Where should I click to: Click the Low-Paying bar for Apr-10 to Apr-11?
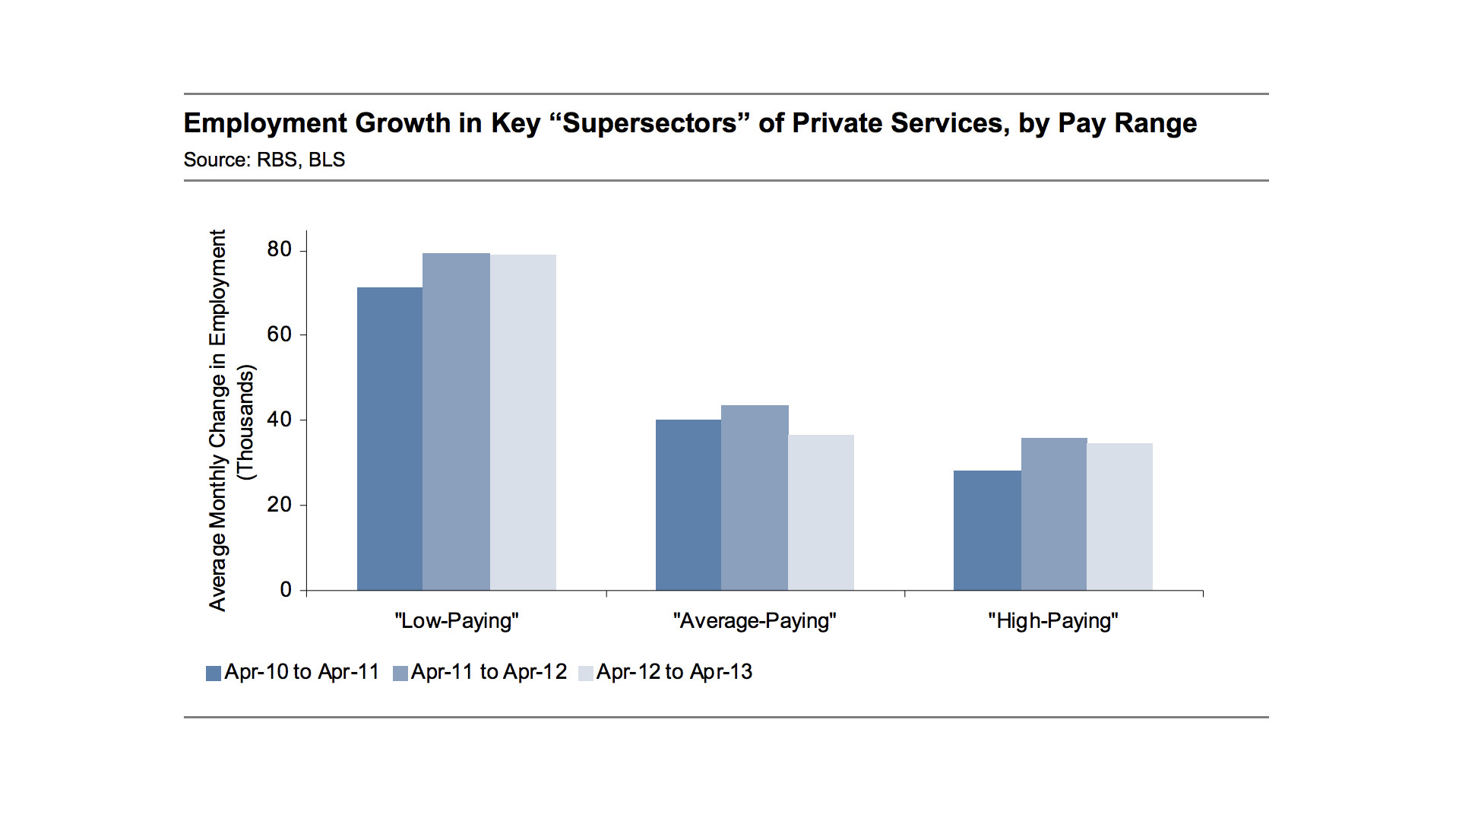pyautogui.click(x=390, y=439)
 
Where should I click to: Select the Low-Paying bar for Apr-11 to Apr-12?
pyautogui.click(x=456, y=422)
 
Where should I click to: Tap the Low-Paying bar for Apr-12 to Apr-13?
pyautogui.click(x=523, y=423)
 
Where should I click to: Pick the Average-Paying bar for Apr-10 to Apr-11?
pyautogui.click(x=688, y=505)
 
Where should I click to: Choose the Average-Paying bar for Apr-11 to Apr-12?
pyautogui.click(x=755, y=498)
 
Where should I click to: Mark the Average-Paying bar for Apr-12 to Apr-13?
pyautogui.click(x=821, y=512)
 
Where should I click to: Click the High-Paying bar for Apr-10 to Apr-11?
pyautogui.click(x=987, y=531)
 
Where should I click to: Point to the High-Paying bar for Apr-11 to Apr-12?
pyautogui.click(x=1054, y=514)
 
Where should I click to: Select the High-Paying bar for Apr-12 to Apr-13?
pyautogui.click(x=1119, y=517)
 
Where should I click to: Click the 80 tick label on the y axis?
pyautogui.click(x=279, y=250)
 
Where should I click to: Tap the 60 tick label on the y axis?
pyautogui.click(x=279, y=334)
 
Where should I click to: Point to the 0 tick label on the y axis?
pyautogui.click(x=286, y=590)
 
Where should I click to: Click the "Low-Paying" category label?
pyautogui.click(x=457, y=621)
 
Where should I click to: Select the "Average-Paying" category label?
pyautogui.click(x=755, y=621)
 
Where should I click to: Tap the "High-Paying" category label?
pyautogui.click(x=1053, y=621)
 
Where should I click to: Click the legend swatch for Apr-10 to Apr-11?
pyautogui.click(x=214, y=674)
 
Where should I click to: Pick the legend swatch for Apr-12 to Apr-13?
pyautogui.click(x=586, y=674)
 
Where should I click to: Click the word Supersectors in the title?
pyautogui.click(x=650, y=123)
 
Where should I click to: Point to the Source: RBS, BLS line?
pyautogui.click(x=264, y=160)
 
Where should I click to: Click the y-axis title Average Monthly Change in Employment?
pyautogui.click(x=218, y=420)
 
